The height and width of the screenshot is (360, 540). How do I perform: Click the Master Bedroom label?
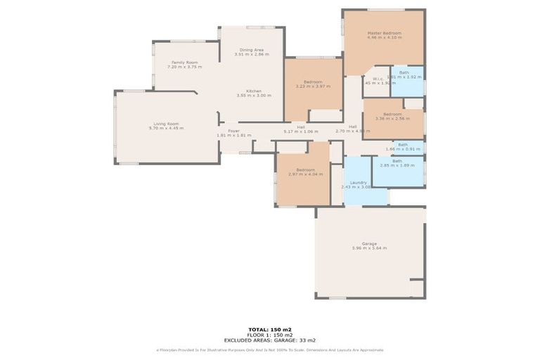(384, 33)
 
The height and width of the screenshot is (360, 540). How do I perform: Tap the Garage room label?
(369, 243)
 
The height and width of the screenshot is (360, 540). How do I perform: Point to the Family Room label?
(186, 63)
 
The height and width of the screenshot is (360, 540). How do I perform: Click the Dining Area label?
(251, 49)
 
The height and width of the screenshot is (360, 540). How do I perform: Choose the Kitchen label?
(254, 91)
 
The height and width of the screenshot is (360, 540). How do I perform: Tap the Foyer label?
(233, 131)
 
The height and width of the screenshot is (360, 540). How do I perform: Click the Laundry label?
(359, 182)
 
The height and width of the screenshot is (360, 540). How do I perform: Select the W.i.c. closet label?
(378, 78)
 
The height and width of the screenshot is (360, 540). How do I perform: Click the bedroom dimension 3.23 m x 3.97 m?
(312, 86)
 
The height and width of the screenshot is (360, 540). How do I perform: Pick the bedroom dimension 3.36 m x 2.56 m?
(392, 119)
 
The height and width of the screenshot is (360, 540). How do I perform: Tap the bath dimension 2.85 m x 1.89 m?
(397, 166)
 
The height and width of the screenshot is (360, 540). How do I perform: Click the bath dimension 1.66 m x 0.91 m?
(403, 149)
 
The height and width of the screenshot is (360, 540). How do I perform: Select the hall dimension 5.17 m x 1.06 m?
(300, 131)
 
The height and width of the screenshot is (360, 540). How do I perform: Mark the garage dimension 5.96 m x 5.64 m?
(369, 248)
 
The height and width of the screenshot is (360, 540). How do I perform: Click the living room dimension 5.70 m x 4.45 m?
(166, 129)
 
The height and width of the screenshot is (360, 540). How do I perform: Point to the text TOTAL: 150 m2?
(269, 329)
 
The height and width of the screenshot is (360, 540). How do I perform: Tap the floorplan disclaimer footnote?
(269, 349)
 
